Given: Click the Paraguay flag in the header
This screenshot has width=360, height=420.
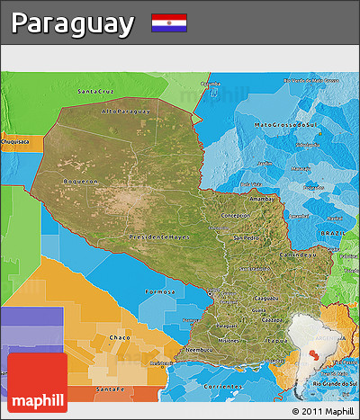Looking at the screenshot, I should pyautogui.click(x=169, y=22).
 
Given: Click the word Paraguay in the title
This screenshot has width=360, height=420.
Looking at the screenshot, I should pyautogui.click(x=73, y=23).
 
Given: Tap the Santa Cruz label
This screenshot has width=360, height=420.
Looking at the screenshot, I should pyautogui.click(x=96, y=92).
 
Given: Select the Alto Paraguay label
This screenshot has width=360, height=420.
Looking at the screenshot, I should pyautogui.click(x=126, y=112).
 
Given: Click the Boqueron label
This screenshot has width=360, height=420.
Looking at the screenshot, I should pyautogui.click(x=78, y=181).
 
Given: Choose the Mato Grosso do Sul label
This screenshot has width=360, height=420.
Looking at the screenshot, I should pyautogui.click(x=288, y=124).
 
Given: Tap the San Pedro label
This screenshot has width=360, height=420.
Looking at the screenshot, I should pyautogui.click(x=245, y=238).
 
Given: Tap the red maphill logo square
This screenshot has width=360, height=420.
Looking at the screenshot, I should pyautogui.click(x=37, y=382).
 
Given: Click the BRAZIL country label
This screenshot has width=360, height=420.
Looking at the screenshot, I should pyautogui.click(x=333, y=233).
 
